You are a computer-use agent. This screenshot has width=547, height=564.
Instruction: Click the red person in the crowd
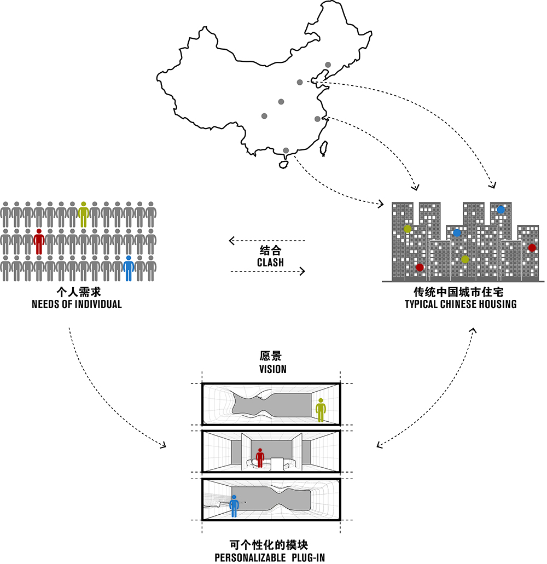pyautogui.click(x=39, y=241)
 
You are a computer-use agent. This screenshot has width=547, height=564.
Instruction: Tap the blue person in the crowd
pyautogui.click(x=129, y=268)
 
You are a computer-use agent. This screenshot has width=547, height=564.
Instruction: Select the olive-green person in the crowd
pyautogui.click(x=84, y=214)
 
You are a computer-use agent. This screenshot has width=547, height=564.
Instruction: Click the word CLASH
pyautogui.click(x=270, y=263)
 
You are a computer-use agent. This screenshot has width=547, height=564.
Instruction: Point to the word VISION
pyautogui.click(x=273, y=369)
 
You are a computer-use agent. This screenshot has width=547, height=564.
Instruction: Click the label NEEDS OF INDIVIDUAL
pyautogui.click(x=77, y=304)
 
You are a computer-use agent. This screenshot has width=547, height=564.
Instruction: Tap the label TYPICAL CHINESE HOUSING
pyautogui.click(x=461, y=304)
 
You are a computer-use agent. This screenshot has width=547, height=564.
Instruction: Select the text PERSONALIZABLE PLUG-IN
pyautogui.click(x=270, y=558)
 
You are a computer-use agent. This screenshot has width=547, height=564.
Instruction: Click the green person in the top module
pyautogui.click(x=321, y=410)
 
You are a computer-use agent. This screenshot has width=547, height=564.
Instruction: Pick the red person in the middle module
pyautogui.click(x=260, y=458)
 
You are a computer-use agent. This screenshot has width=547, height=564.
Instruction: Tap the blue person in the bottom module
pyautogui.click(x=234, y=506)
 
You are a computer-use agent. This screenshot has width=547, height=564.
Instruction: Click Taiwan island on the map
pyautogui.click(x=324, y=148)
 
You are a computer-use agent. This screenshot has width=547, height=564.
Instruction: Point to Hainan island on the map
pyautogui.click(x=284, y=164)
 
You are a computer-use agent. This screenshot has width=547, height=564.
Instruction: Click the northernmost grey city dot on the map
pyautogui.click(x=328, y=65)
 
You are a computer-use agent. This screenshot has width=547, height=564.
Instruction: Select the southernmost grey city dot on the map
pyautogui.click(x=286, y=150)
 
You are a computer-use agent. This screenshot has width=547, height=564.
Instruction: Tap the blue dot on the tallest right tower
pyautogui.click(x=501, y=210)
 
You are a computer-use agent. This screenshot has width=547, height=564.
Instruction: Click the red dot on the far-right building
pyautogui.click(x=532, y=247)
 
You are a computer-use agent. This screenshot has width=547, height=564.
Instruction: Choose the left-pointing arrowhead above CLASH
pyautogui.click(x=232, y=241)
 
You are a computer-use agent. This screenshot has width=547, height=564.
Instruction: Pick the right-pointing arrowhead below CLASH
pyautogui.click(x=302, y=271)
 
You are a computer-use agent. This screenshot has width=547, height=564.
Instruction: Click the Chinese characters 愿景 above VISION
pyautogui.click(x=270, y=356)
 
